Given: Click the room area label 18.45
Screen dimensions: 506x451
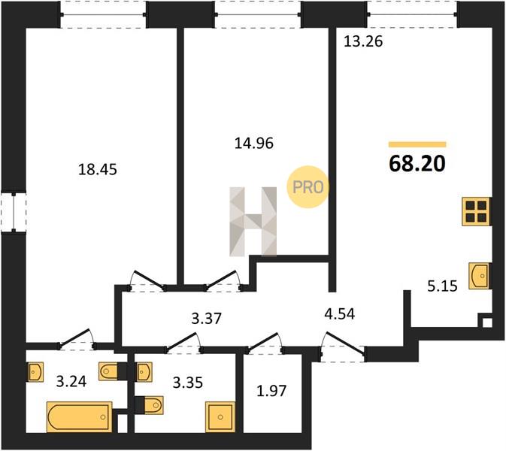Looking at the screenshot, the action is (98, 169).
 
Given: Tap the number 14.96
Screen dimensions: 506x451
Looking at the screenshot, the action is (254, 144).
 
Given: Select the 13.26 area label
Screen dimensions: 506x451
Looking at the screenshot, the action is (363, 41).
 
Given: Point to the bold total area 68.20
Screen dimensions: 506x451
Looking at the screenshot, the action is (417, 164).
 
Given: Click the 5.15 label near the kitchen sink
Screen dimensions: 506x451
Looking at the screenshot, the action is (442, 286).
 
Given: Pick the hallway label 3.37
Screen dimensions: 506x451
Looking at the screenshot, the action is (207, 319).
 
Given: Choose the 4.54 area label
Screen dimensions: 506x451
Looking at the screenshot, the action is (340, 314).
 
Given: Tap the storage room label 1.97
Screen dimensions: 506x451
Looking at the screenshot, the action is (271, 391).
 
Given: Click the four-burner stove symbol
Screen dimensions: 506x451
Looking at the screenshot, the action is (476, 211).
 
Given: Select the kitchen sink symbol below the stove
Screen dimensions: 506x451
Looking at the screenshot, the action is (479, 276).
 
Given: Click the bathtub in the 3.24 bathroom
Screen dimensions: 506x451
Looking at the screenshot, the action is (80, 417).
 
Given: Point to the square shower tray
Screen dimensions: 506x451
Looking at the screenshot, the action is (220, 417).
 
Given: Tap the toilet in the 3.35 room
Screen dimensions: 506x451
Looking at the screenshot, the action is (152, 405).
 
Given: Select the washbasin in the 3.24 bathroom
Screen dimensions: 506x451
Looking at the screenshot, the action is (35, 373).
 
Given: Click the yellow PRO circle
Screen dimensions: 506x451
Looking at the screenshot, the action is (308, 186).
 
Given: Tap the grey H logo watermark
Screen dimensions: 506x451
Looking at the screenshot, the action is (253, 222).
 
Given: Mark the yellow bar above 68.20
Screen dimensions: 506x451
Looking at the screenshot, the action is (417, 144).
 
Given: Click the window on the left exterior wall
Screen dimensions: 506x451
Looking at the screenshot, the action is (14, 213).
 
